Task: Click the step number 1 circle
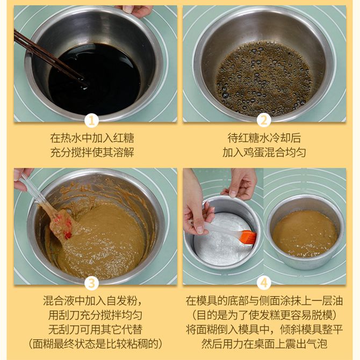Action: click(x=91, y=121)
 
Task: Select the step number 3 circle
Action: click(x=91, y=283)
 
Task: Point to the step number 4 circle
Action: click(x=264, y=283)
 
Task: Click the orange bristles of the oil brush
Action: click(x=248, y=237)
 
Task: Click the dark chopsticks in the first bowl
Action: click(x=49, y=59)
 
